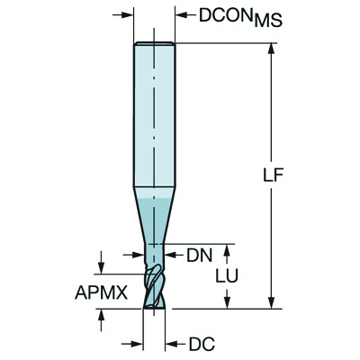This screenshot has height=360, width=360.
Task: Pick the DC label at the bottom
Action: [x=201, y=343]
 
